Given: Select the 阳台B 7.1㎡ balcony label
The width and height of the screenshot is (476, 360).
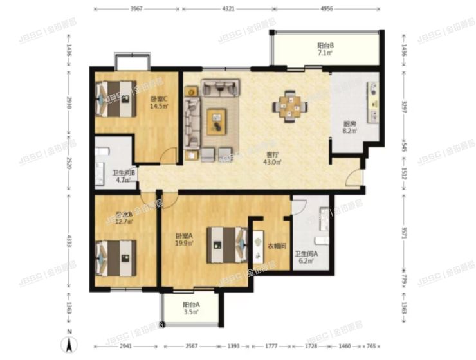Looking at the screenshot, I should pyautogui.click(x=324, y=49).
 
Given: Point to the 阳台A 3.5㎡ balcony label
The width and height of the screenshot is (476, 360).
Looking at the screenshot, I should pyautogui.click(x=190, y=308).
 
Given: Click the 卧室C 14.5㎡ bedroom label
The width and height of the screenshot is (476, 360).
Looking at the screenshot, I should pyautogui.click(x=158, y=102).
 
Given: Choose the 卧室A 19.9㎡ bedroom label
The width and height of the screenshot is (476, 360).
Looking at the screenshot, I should pyautogui.click(x=184, y=239).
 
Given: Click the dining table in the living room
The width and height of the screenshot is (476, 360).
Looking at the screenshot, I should pyautogui.click(x=288, y=105).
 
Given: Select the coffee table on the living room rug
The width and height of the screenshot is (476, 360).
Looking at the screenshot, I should pyautogui.click(x=217, y=121).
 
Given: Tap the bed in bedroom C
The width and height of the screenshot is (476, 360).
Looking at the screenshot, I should pyautogui.click(x=116, y=98).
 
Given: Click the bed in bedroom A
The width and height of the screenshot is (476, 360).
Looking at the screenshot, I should pyautogui.click(x=226, y=245).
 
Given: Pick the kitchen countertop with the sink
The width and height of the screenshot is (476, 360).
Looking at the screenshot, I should pyautogui.click(x=372, y=103).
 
